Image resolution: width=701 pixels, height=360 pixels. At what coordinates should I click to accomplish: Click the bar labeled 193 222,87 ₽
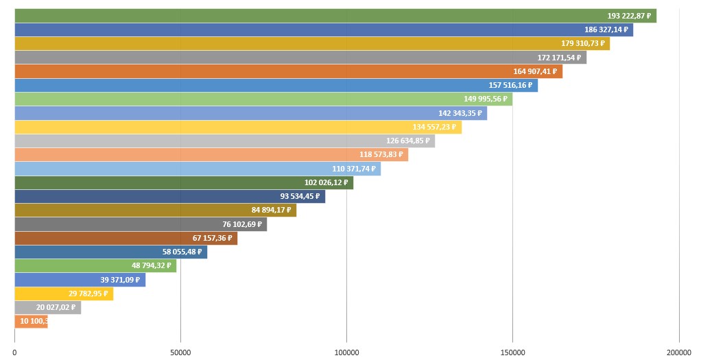[335, 16]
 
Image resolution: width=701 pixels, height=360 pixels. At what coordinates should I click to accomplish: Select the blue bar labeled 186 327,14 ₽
[323, 30]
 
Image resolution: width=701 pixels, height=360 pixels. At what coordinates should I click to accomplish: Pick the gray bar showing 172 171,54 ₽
[300, 58]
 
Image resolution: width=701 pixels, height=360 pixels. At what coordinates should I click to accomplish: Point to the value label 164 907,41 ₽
[534, 71]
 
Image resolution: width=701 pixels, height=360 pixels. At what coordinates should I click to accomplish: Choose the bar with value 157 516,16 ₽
[276, 86]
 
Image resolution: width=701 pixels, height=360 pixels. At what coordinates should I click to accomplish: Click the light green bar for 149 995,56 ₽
[263, 99]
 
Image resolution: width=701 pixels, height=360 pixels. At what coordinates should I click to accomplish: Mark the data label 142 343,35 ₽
[460, 113]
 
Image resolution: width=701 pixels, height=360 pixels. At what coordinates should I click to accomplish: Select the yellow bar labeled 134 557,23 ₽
[237, 127]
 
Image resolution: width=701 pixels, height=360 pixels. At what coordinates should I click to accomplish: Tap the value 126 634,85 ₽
[407, 141]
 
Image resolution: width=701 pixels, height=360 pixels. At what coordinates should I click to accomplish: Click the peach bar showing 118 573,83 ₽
[211, 155]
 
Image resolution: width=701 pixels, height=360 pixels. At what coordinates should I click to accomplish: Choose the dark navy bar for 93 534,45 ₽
[169, 197]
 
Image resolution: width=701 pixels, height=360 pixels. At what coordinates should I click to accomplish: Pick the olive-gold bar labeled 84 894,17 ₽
[155, 211]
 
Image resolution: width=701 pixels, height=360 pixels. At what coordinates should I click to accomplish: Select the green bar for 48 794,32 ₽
[95, 266]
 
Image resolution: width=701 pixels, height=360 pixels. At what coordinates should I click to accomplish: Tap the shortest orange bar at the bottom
[31, 322]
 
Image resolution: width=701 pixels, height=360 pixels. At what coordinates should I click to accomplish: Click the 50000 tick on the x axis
[180, 352]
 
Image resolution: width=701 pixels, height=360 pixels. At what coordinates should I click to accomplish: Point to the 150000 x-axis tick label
[512, 352]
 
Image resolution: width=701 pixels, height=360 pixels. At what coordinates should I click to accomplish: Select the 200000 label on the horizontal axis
[679, 352]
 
